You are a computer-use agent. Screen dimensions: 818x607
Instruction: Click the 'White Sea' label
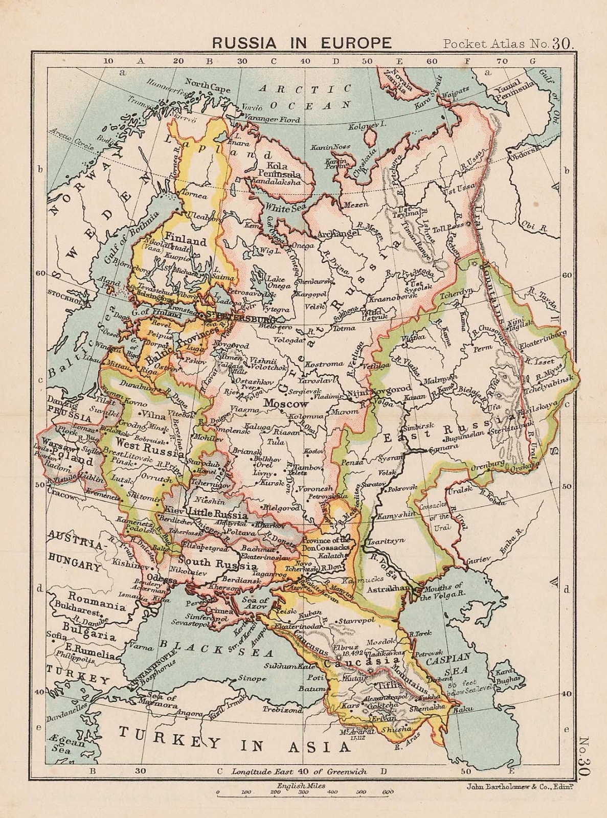[281, 208]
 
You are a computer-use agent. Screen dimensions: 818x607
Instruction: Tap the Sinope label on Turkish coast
[252, 679]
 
